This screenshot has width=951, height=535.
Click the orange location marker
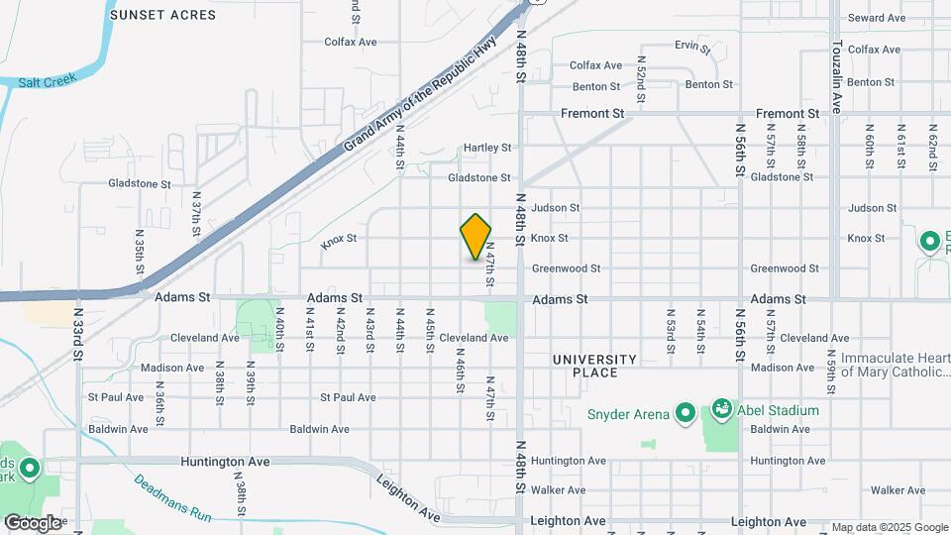coord(476,237)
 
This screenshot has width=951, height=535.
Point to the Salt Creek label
coord(47,82)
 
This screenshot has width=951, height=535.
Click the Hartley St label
coord(487,148)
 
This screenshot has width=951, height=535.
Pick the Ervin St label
coord(692,47)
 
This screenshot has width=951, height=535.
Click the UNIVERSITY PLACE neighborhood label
coord(595,366)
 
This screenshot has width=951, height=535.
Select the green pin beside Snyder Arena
coord(685,411)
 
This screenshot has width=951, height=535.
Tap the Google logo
coord(32,522)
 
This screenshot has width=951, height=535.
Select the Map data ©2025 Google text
coord(889,527)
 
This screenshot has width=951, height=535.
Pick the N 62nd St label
coord(932,146)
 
